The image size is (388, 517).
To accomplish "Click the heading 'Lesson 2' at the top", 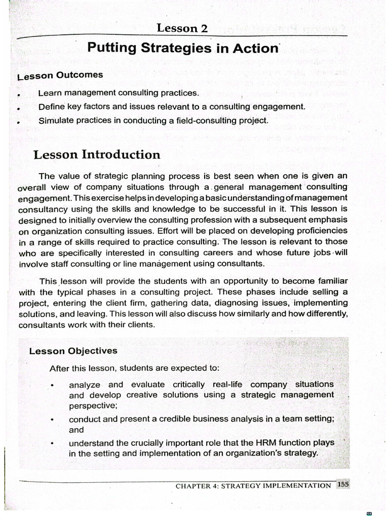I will point(182,28).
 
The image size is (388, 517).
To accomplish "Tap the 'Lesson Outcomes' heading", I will point(60,76).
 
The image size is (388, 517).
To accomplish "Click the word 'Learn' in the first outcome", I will point(48,93).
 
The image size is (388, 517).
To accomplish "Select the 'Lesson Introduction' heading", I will point(96,154).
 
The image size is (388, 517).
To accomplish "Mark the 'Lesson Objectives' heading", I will point(73,351).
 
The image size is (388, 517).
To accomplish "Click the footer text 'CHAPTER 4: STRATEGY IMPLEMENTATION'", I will point(253,486).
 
